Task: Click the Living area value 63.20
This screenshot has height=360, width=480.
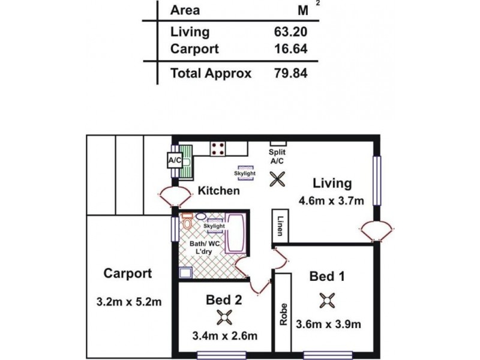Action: click(290, 32)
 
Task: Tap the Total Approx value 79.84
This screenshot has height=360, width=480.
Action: click(290, 73)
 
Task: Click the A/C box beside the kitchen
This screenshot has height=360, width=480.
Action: click(174, 161)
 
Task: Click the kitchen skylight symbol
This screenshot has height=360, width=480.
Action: click(245, 172)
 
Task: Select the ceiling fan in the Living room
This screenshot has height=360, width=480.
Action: click(277, 179)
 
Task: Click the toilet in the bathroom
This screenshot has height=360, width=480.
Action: click(187, 223)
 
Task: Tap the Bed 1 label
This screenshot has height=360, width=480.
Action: click(327, 277)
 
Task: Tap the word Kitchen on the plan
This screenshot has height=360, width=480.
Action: click(219, 191)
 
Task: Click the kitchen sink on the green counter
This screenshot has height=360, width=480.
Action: click(187, 161)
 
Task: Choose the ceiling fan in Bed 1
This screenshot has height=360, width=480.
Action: click(326, 301)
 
